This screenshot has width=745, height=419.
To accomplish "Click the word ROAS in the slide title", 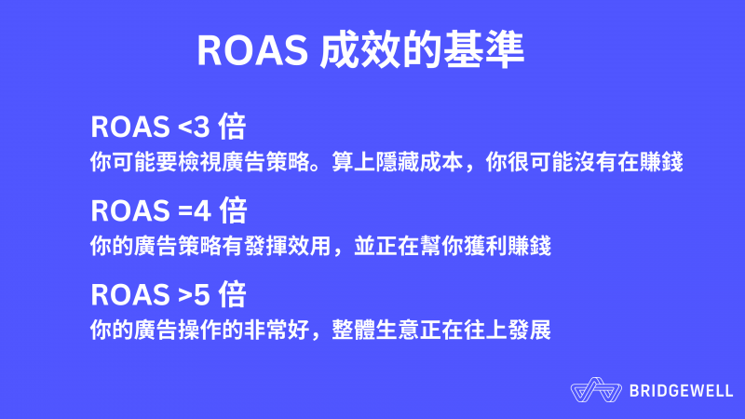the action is (x=252, y=50).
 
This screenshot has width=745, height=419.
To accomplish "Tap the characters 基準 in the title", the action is (x=483, y=49).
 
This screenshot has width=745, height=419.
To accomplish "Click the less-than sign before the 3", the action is (x=184, y=128).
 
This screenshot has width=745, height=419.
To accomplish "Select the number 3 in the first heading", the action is (x=201, y=127).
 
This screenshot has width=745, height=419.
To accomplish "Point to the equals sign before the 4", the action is (x=184, y=211).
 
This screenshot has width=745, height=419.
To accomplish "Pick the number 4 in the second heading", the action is (x=202, y=211).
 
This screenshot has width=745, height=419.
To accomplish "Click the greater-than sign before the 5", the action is (x=184, y=295).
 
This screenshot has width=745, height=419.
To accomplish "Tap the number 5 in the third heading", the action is (x=201, y=295).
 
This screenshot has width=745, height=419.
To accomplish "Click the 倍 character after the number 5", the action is (x=232, y=294).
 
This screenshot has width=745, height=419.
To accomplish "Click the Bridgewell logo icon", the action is (x=596, y=390).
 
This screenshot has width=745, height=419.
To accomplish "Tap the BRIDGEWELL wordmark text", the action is (x=682, y=391).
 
